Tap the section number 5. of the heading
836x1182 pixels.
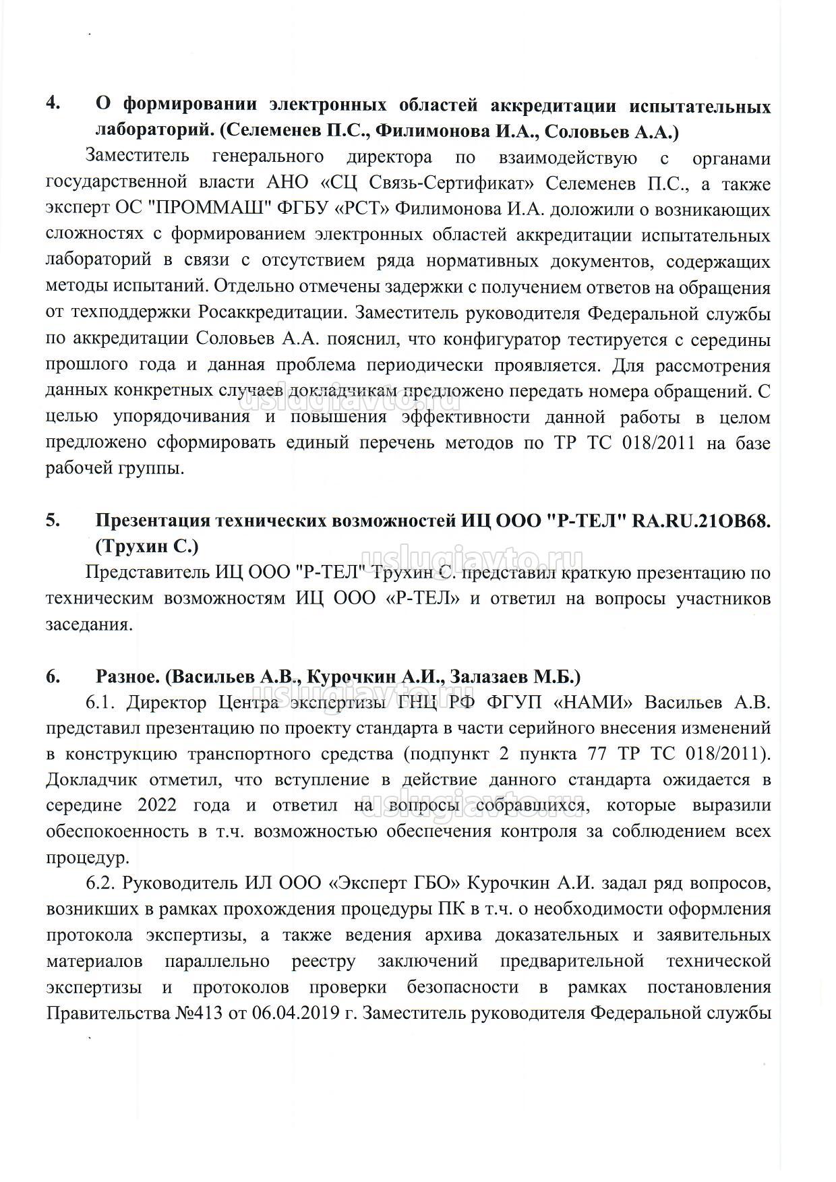(x=53, y=521)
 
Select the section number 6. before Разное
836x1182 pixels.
(x=53, y=676)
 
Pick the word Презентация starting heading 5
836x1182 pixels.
(x=150, y=521)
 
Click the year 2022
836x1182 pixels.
(x=159, y=806)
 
